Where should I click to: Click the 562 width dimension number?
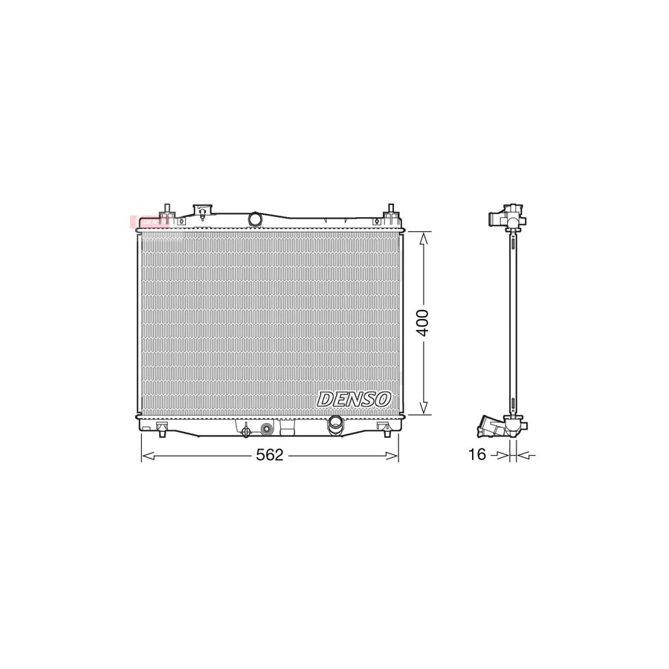[270, 455]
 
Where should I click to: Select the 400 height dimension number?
[423, 322]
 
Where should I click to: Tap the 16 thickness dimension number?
[477, 454]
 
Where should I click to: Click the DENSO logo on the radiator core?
[354, 399]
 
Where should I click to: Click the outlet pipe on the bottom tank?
[335, 424]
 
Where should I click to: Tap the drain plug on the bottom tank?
[245, 430]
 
